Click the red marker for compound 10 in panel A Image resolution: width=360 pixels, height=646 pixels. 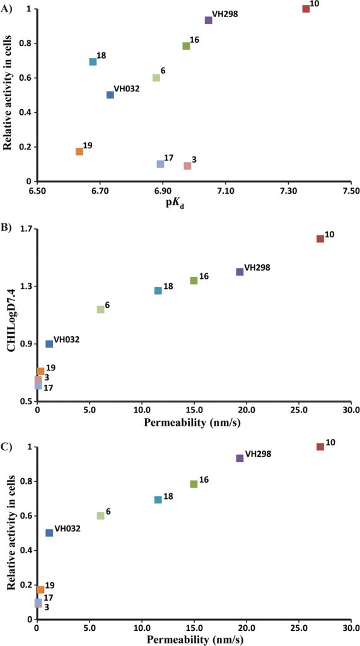click(x=306, y=9)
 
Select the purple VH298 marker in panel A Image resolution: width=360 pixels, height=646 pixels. click(x=209, y=20)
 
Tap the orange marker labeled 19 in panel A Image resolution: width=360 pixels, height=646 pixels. click(x=79, y=151)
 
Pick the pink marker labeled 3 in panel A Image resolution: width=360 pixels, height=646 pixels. click(x=187, y=166)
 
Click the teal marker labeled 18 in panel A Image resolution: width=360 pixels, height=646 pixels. click(x=93, y=62)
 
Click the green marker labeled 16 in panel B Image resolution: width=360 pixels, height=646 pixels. click(x=194, y=281)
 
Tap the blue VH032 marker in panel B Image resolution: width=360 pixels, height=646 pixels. click(x=49, y=344)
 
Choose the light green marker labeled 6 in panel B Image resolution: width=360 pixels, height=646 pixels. click(x=100, y=309)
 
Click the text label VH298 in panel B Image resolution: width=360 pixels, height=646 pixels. click(x=257, y=267)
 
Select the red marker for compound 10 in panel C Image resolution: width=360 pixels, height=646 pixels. click(x=320, y=447)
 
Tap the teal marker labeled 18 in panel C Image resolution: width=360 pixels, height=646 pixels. click(x=158, y=500)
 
